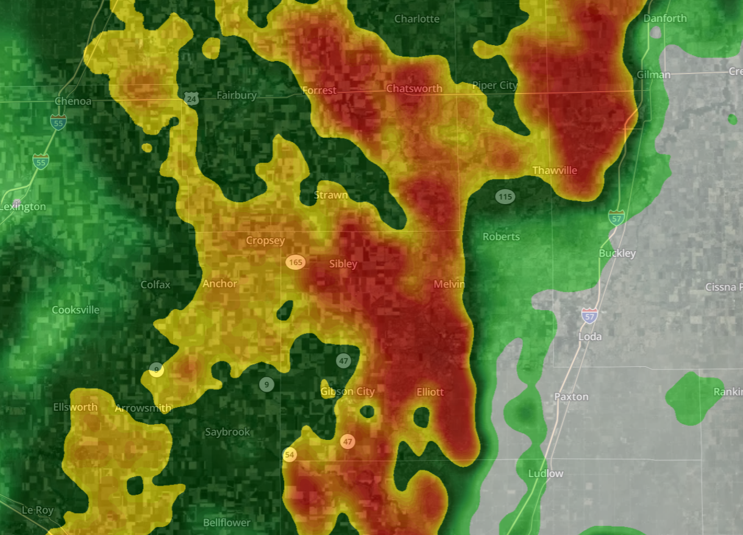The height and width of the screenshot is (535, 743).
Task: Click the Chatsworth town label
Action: [414, 89]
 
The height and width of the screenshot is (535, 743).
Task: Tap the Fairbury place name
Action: [236, 96]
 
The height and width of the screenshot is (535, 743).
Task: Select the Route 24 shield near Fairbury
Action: [192, 99]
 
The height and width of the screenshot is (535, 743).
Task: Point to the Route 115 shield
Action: [505, 197]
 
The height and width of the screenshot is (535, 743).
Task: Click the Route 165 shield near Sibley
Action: [296, 263]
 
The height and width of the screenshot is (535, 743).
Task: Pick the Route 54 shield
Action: [290, 455]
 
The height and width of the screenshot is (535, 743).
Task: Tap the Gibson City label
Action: [347, 391]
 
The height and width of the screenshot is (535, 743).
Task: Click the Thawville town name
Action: [555, 171]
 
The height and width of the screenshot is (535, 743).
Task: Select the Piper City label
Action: [494, 86]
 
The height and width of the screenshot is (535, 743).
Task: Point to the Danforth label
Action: [665, 18]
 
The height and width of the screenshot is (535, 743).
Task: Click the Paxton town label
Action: [571, 397]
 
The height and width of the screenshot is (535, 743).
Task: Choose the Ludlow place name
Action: [546, 473]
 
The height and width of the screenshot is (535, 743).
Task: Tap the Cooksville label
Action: [76, 310]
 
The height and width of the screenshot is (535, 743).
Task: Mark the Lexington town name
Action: [23, 207]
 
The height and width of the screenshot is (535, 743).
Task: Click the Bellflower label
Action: [227, 523]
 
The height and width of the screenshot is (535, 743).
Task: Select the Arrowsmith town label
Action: [143, 408]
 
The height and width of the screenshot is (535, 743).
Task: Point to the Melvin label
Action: [449, 285]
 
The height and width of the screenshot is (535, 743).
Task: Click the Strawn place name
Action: [331, 196]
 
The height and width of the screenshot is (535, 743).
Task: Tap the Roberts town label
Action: [501, 236]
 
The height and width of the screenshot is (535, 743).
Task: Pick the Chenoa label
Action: [73, 101]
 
